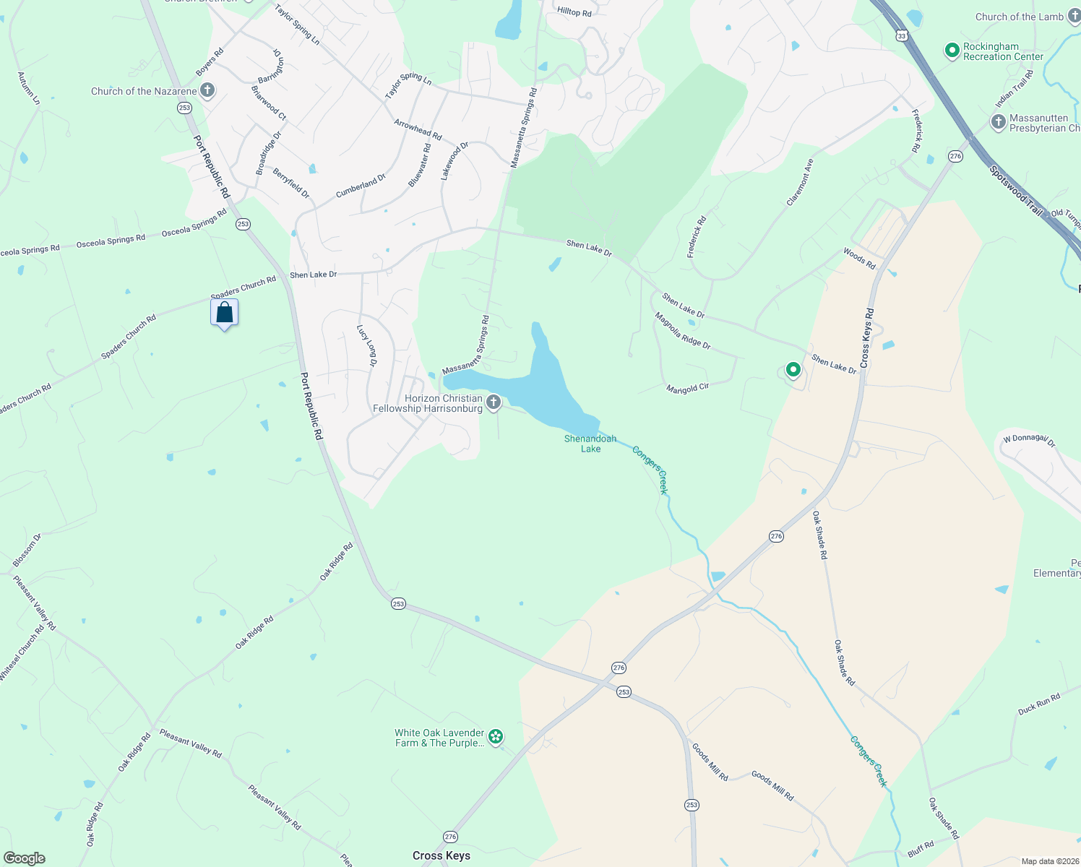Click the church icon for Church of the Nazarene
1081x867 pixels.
(x=207, y=91)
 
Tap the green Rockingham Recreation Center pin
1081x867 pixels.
(x=952, y=51)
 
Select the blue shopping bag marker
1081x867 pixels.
(x=225, y=314)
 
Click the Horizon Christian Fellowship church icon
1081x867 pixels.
(x=494, y=402)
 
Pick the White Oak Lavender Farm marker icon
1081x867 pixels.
(x=496, y=737)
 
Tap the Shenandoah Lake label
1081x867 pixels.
(x=590, y=444)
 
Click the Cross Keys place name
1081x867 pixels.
(x=441, y=855)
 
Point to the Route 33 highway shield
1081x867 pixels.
(x=901, y=35)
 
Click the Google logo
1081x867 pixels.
(x=24, y=858)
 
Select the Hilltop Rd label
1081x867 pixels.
(x=574, y=12)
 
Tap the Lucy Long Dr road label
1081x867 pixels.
(x=367, y=345)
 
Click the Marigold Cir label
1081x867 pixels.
(x=688, y=388)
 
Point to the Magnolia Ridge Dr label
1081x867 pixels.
(x=683, y=331)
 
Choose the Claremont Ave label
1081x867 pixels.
(x=800, y=182)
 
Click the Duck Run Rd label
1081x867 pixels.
(x=1039, y=704)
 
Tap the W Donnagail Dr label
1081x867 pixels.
(x=1029, y=440)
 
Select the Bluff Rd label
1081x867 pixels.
(x=921, y=850)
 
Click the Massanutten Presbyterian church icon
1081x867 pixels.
(x=999, y=122)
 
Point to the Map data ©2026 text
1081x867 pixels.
(x=1048, y=861)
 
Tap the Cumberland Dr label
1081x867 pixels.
(x=361, y=186)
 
